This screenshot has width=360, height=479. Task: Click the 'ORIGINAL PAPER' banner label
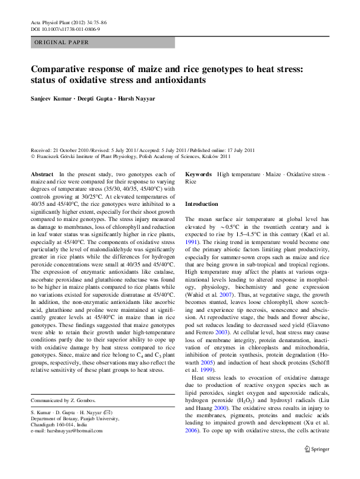click(x=61, y=42)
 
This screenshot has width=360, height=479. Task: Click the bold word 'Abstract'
click(x=41, y=174)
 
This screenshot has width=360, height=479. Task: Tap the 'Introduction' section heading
click(x=201, y=204)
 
